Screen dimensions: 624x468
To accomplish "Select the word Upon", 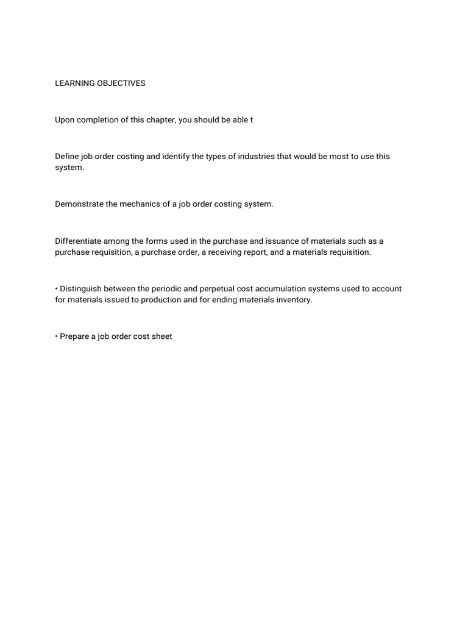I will point(65,120).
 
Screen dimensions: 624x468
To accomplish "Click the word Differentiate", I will point(79,241).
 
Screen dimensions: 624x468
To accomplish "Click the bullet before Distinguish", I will point(57,289).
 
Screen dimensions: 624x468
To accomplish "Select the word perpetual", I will point(213,289).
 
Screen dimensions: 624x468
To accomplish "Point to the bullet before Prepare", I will point(57,336).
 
